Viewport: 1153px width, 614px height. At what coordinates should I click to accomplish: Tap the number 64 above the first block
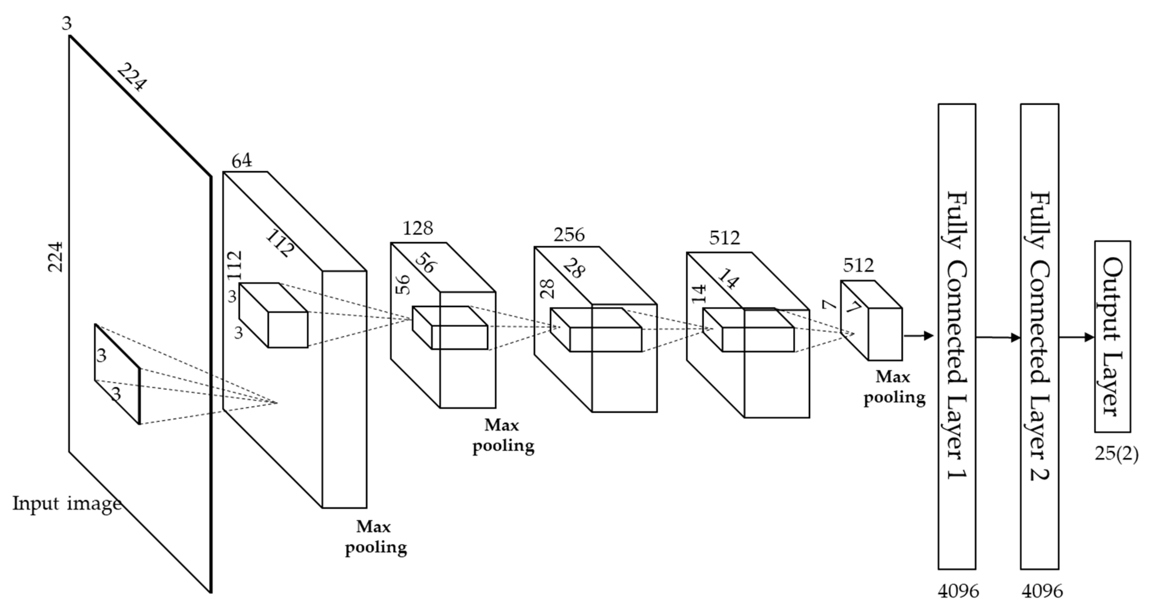[242, 161]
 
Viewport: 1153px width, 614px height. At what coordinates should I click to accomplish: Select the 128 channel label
[418, 228]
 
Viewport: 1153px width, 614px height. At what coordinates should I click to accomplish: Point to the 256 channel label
[569, 234]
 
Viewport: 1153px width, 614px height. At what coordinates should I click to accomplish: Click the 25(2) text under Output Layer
[1116, 454]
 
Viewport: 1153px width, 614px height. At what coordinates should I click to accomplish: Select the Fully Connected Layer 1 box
[957, 336]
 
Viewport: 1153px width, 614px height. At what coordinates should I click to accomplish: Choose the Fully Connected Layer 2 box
[1039, 336]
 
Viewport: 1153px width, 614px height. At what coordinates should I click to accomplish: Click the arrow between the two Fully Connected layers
[998, 338]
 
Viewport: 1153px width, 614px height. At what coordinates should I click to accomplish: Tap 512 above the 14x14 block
[724, 238]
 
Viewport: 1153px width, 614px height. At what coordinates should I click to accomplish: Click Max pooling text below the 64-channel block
[375, 537]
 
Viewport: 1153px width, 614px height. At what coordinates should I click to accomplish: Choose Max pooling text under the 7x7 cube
[894, 387]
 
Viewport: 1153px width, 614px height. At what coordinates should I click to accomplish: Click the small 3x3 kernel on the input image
[117, 374]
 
